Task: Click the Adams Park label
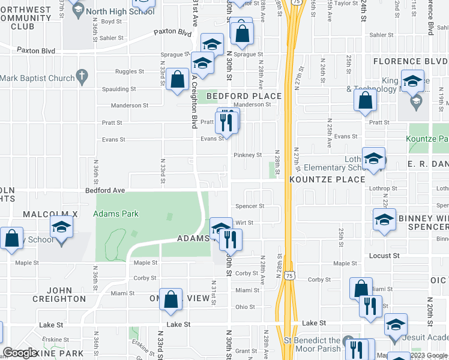pos(116,214)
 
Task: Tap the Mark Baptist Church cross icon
pos(82,77)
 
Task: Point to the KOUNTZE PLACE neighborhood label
pos(327,179)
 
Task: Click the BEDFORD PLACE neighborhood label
pos(244,96)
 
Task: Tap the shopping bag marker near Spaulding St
pos(178,80)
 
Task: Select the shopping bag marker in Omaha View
pos(171,299)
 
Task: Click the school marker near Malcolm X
pos(61,229)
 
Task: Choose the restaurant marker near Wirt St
pos(231,239)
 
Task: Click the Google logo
pos(20,353)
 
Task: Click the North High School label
pos(120,11)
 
